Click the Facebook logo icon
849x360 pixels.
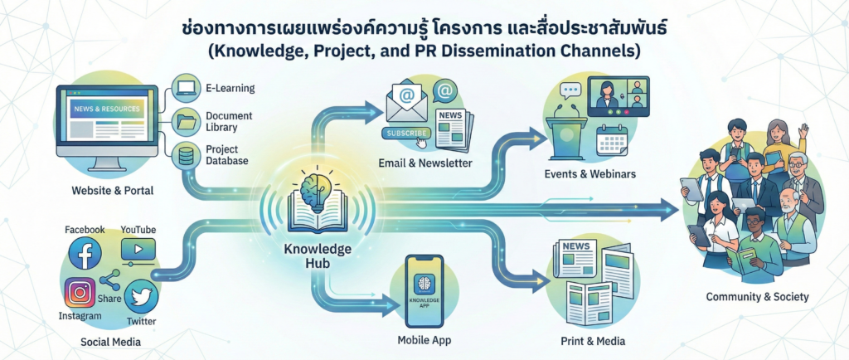(x=85, y=253)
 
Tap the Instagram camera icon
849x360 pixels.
(x=80, y=293)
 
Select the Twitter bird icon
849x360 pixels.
(x=141, y=296)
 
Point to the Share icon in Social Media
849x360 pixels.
(x=110, y=280)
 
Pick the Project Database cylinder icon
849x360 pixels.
(x=185, y=153)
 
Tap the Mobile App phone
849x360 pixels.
(x=424, y=290)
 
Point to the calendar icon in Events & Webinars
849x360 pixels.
(x=614, y=139)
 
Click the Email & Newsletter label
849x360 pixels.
(x=424, y=163)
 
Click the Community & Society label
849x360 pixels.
(x=757, y=297)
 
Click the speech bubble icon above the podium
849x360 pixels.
(x=568, y=91)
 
